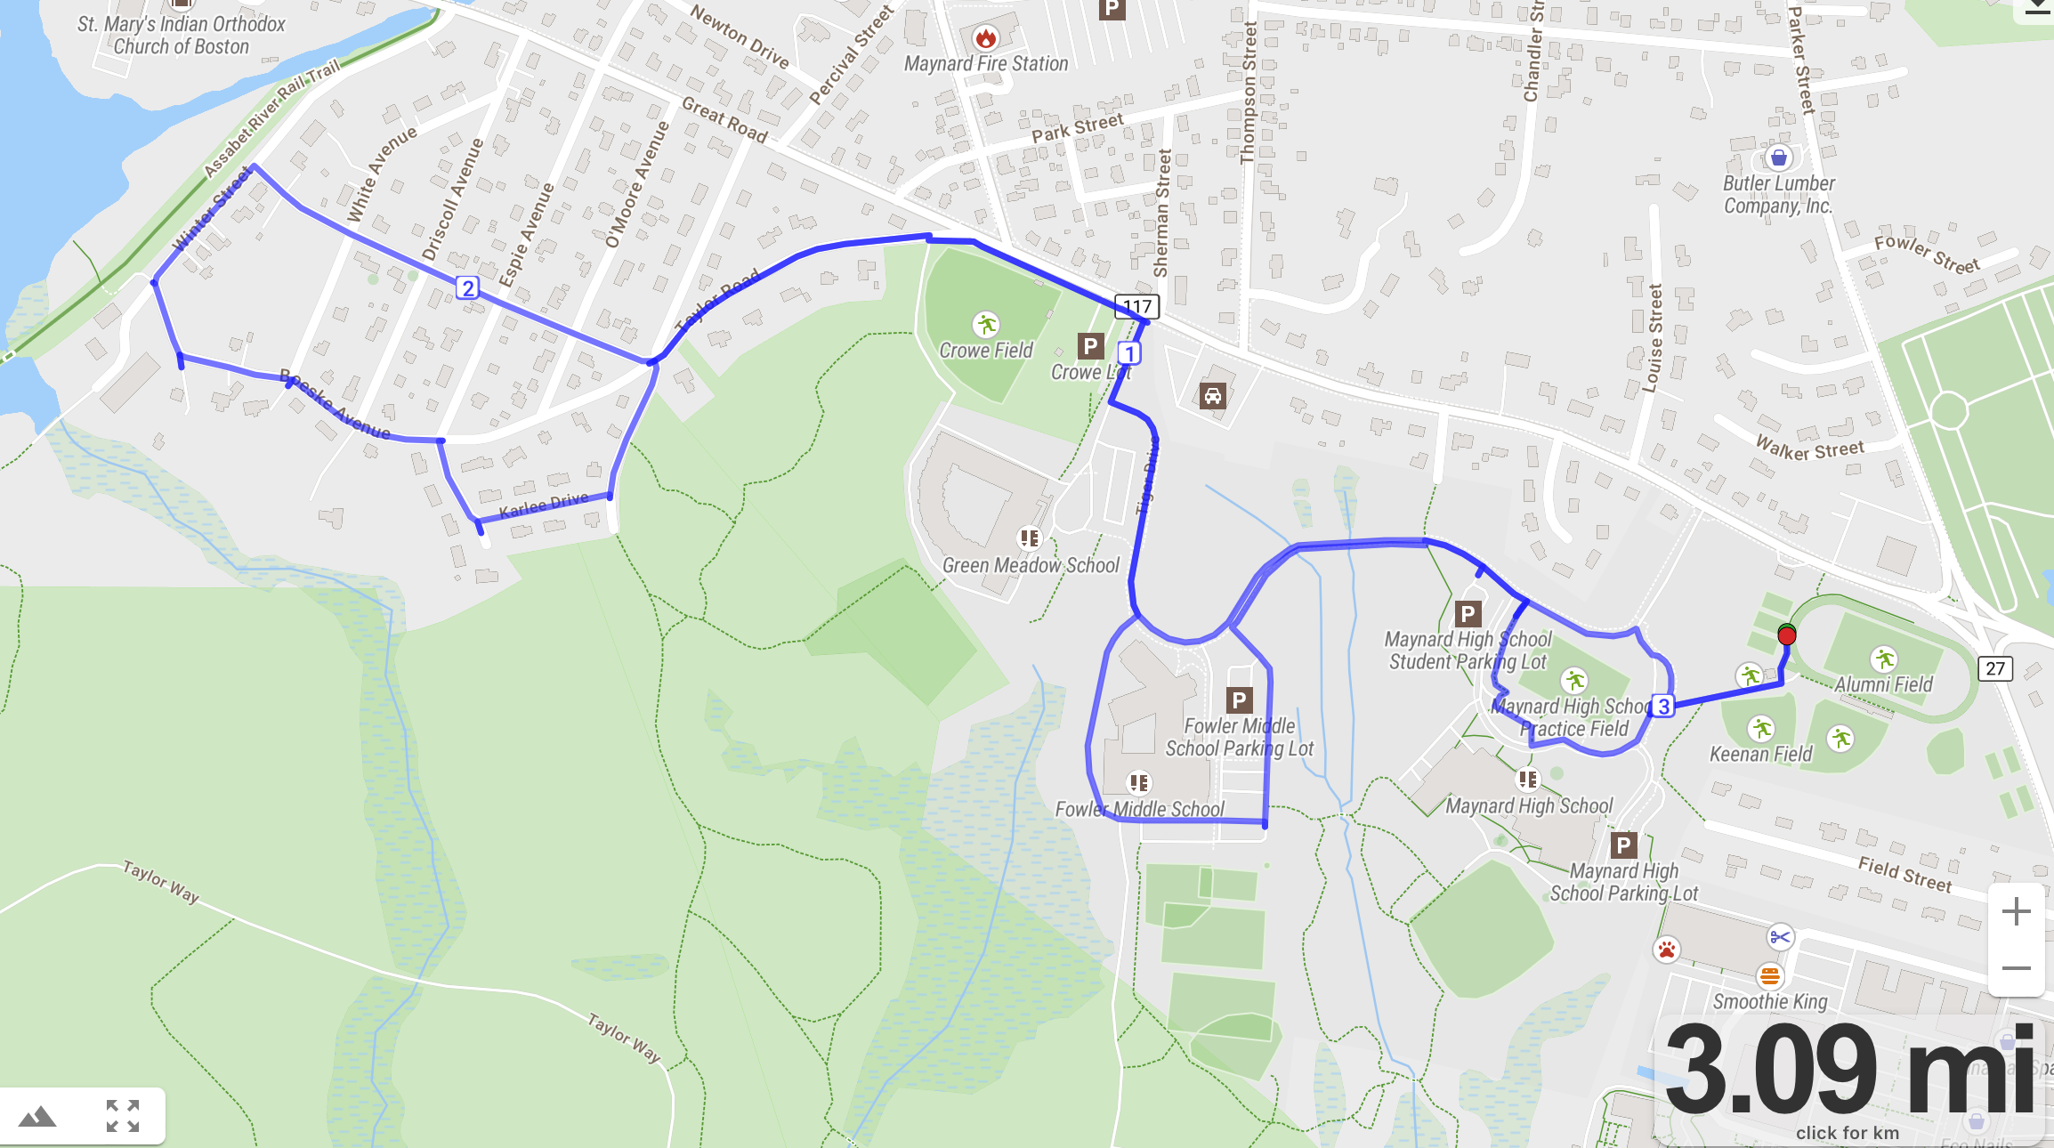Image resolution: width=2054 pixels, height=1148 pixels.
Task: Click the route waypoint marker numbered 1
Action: pyautogui.click(x=1129, y=353)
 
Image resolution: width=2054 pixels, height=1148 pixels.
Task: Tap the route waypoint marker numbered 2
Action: pyautogui.click(x=467, y=288)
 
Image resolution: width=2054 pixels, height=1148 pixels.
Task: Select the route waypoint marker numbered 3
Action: pyautogui.click(x=1663, y=707)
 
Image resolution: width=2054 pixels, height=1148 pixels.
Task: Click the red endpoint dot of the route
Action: pyautogui.click(x=1786, y=635)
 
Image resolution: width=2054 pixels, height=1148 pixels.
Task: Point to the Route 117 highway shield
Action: pyautogui.click(x=1137, y=307)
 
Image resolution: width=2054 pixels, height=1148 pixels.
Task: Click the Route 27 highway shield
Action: pyautogui.click(x=1995, y=668)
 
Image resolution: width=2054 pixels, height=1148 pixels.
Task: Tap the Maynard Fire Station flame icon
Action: pyautogui.click(x=985, y=38)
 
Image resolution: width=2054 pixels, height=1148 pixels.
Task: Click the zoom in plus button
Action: pyautogui.click(x=2016, y=911)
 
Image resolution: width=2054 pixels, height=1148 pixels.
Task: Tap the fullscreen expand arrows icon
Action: pyautogui.click(x=123, y=1116)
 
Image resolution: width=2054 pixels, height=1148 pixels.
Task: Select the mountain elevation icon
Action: pyautogui.click(x=37, y=1116)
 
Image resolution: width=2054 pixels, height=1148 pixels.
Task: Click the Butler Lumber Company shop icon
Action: pyautogui.click(x=1778, y=158)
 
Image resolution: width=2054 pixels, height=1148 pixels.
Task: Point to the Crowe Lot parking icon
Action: pyautogui.click(x=1090, y=346)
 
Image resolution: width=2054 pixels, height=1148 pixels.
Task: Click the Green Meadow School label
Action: pyautogui.click(x=1031, y=566)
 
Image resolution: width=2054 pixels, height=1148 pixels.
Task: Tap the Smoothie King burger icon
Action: pyautogui.click(x=1770, y=975)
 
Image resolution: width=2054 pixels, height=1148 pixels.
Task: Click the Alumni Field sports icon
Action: pyautogui.click(x=1884, y=659)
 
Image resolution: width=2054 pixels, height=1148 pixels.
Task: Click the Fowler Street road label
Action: pyautogui.click(x=1927, y=255)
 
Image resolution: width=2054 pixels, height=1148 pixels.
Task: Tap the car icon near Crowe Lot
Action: pyautogui.click(x=1212, y=395)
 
